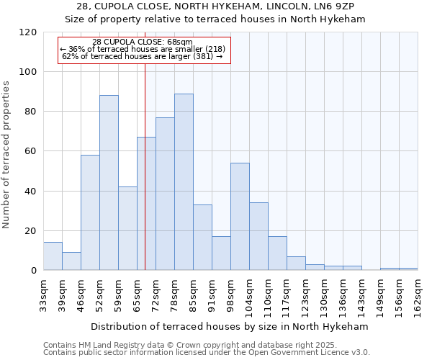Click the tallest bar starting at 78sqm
[x=184, y=182]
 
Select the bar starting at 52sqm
[x=109, y=183]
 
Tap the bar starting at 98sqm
[x=240, y=217]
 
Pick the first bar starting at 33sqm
[x=53, y=256]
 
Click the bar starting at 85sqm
[x=202, y=238]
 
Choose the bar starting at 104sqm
[x=258, y=236]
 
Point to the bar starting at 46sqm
[x=90, y=212]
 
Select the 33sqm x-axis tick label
[x=43, y=294]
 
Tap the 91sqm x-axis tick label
[x=212, y=294]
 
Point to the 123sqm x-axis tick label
[x=305, y=294]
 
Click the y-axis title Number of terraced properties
[x=7, y=155]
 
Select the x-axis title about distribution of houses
[x=230, y=326]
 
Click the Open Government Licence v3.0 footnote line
[x=207, y=352]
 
